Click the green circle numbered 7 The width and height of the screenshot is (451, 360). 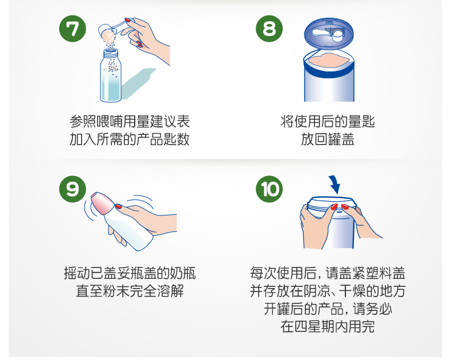click(73, 29)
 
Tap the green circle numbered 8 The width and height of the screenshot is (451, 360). click(269, 29)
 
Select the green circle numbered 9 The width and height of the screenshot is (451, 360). click(73, 189)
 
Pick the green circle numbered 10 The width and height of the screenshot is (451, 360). click(269, 189)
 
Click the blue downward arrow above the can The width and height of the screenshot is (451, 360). click(335, 185)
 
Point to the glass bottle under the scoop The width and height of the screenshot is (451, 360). click(110, 75)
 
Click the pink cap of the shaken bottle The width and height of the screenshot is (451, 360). click(101, 203)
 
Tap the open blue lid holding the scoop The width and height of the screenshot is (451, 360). click(329, 33)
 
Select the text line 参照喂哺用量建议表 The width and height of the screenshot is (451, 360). click(130, 122)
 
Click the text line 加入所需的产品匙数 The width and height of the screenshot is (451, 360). click(130, 139)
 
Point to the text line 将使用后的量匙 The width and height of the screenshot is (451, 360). click(328, 122)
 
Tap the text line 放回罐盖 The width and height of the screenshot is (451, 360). click(328, 139)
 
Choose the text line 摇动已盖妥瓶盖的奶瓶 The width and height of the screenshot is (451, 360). click(130, 273)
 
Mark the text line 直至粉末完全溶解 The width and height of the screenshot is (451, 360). click(130, 291)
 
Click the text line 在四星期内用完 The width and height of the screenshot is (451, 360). click(328, 327)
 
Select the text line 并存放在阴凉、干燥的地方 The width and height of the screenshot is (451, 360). click(328, 291)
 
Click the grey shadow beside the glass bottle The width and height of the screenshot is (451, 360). click(138, 83)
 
